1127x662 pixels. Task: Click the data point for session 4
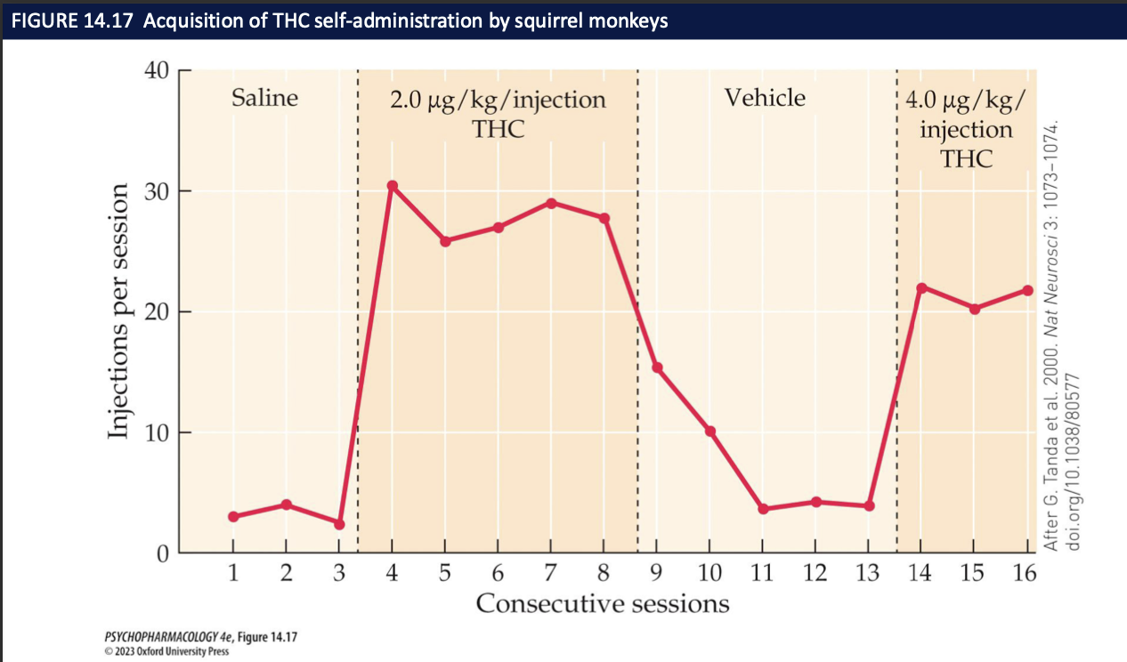coord(392,186)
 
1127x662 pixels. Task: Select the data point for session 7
coord(552,203)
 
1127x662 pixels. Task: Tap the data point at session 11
coord(763,509)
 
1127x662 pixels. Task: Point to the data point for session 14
coord(921,287)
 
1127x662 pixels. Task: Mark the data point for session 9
coord(657,367)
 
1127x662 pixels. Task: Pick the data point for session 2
coord(286,505)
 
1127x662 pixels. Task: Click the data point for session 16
coord(1027,290)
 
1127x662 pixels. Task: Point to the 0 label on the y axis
coord(163,553)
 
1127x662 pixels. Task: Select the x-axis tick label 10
coord(709,573)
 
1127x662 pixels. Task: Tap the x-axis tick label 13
coord(867,573)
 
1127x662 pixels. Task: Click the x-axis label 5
coord(444,573)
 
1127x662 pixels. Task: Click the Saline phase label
coord(264,98)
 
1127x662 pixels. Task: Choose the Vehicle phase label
coord(765,98)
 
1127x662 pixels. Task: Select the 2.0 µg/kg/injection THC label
coord(498,113)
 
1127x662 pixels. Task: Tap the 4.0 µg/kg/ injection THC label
coord(966,128)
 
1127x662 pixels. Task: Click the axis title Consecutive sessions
coord(602,604)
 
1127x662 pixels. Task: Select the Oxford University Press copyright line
coord(160,651)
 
